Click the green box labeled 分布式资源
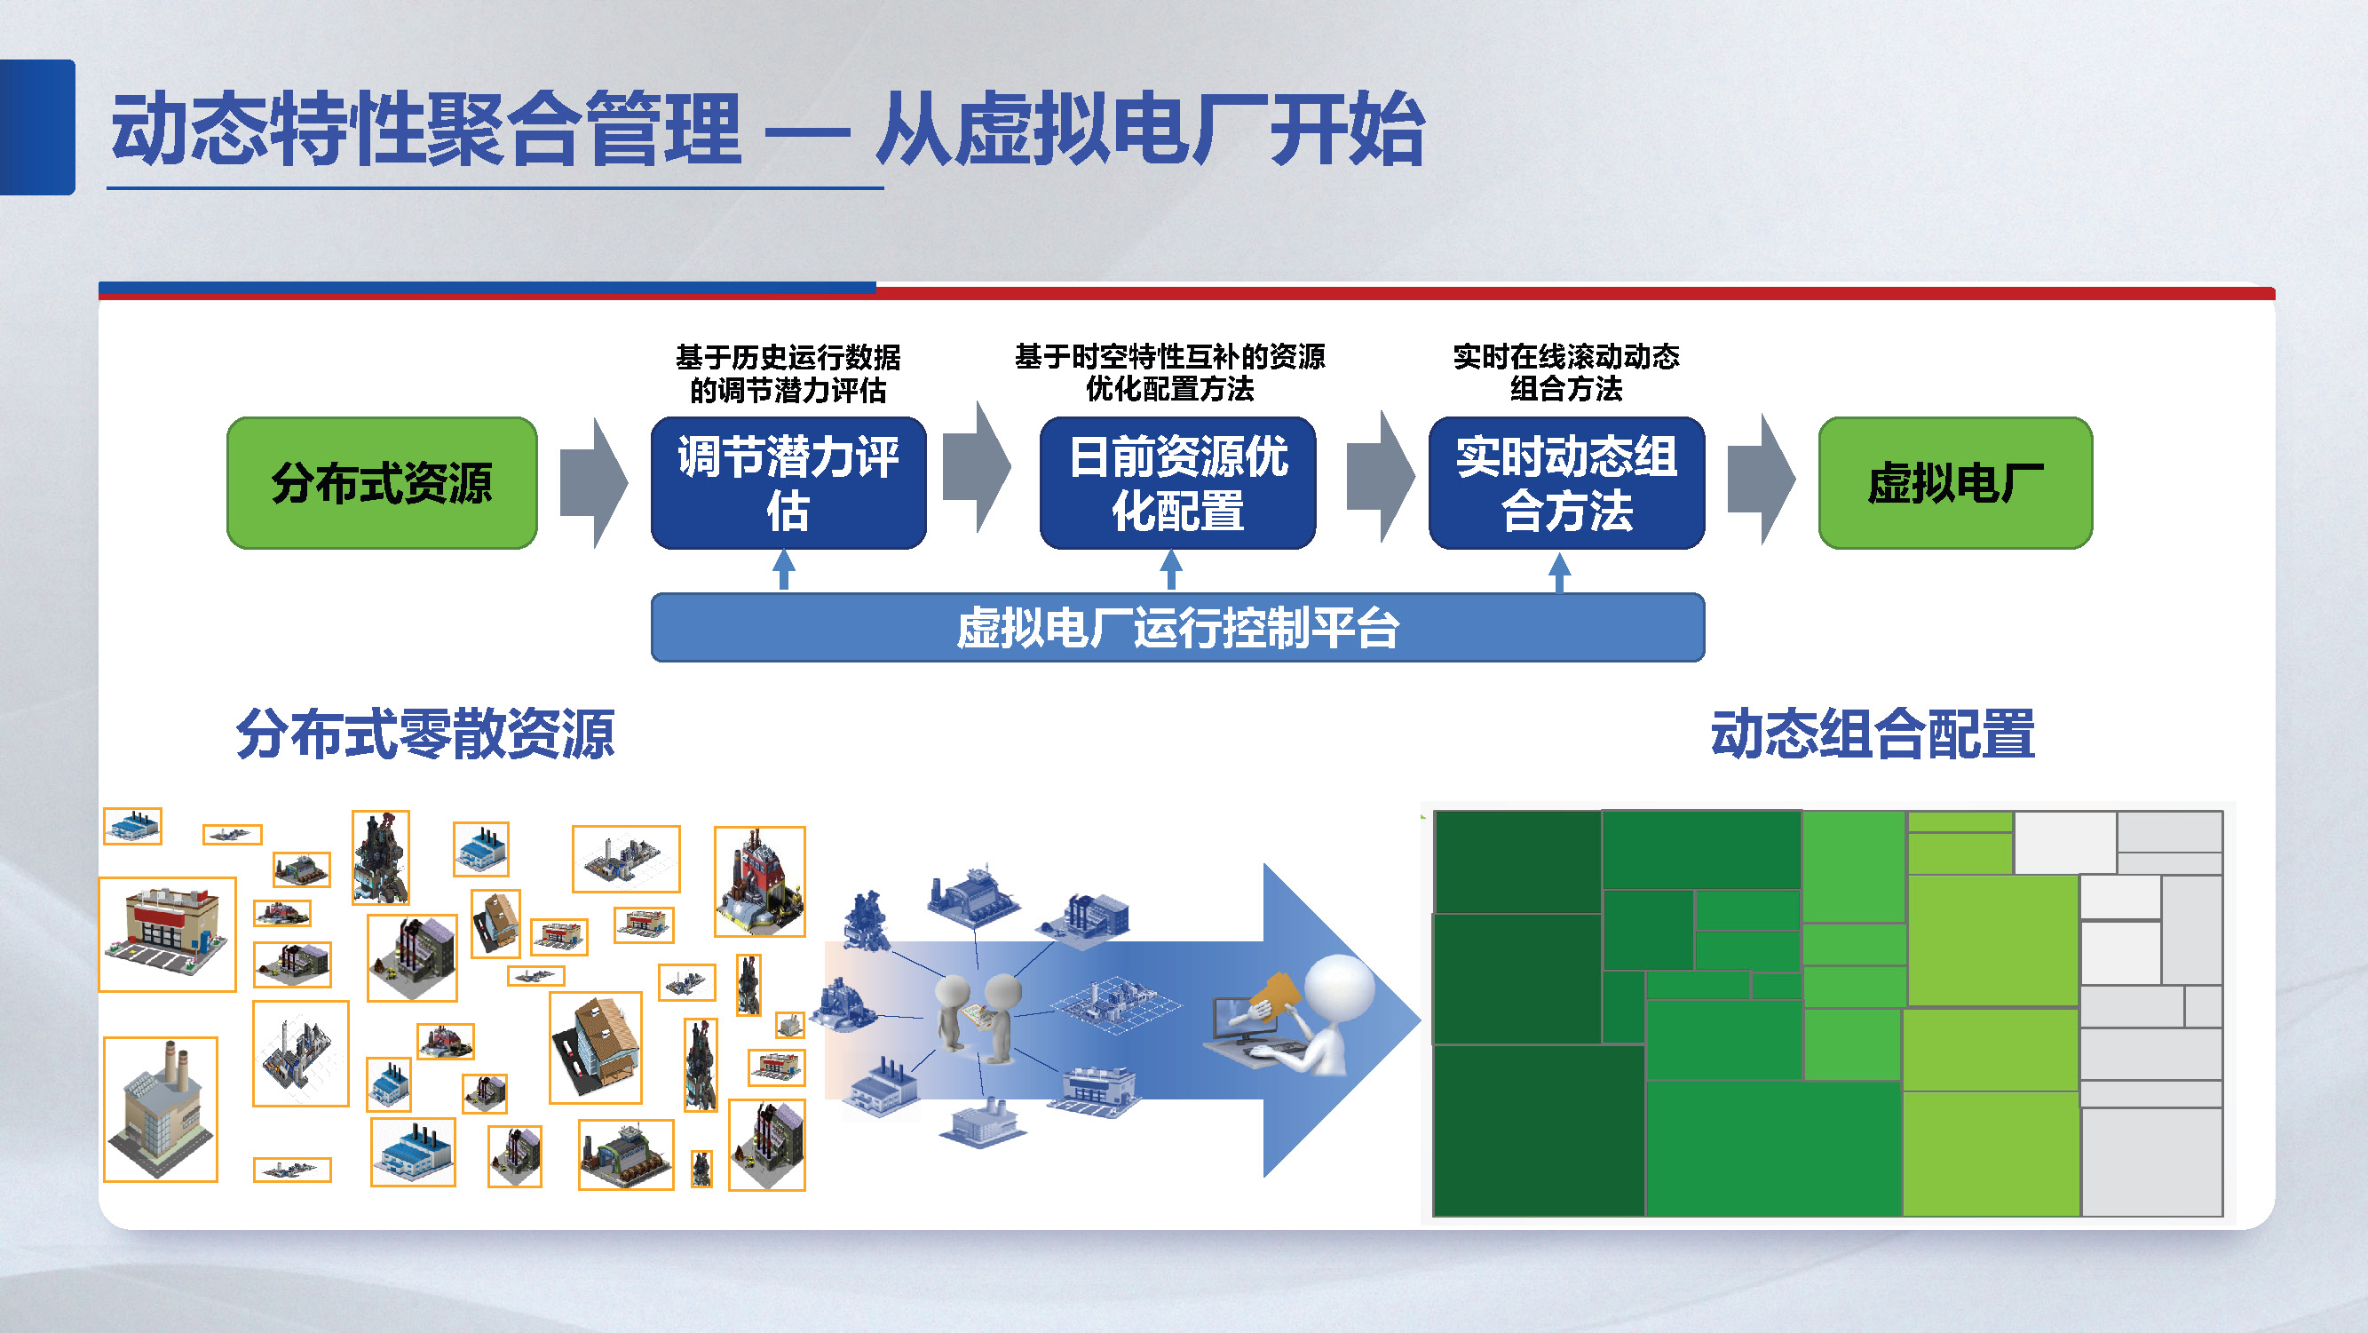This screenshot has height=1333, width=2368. (x=382, y=482)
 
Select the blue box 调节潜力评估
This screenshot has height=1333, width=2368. (x=788, y=482)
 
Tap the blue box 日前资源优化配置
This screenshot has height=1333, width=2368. (x=1176, y=482)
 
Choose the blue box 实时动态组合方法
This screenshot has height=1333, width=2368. (x=1565, y=482)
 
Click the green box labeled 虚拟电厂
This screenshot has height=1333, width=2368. (x=1954, y=482)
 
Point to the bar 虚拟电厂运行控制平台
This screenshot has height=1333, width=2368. (x=1176, y=628)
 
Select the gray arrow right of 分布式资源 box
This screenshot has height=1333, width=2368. (x=594, y=482)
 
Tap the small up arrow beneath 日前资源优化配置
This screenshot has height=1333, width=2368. (x=1170, y=570)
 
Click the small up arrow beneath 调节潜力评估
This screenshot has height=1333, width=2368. (x=783, y=570)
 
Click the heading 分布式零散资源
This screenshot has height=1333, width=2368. (x=424, y=734)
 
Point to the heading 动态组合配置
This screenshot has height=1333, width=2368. (x=1872, y=734)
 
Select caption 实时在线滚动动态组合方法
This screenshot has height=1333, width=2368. (x=1565, y=372)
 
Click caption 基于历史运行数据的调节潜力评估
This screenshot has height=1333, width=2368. (x=788, y=373)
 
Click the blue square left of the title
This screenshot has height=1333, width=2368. (x=36, y=127)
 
